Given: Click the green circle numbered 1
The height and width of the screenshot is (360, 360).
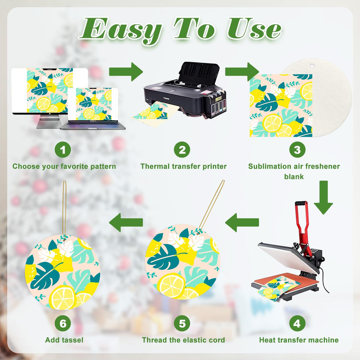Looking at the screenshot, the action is coord(63,150).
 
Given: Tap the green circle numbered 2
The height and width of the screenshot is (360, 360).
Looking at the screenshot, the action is coord(182,150).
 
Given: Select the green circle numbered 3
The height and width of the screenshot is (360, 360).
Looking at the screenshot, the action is coord(297,150).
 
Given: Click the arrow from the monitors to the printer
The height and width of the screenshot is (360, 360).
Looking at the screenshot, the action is coord(126,72).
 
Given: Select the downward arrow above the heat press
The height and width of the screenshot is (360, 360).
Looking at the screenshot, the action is coord(324,197).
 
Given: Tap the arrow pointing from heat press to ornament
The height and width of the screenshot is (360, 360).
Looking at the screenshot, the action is coord(242,222).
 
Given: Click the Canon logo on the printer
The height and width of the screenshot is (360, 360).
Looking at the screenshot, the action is coord(166,98).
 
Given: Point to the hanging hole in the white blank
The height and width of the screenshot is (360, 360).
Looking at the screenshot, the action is coord(312,66).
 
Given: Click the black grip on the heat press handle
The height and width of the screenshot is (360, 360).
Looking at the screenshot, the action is coord(301,203).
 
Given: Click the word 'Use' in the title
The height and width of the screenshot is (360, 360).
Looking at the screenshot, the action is coord(254,28).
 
